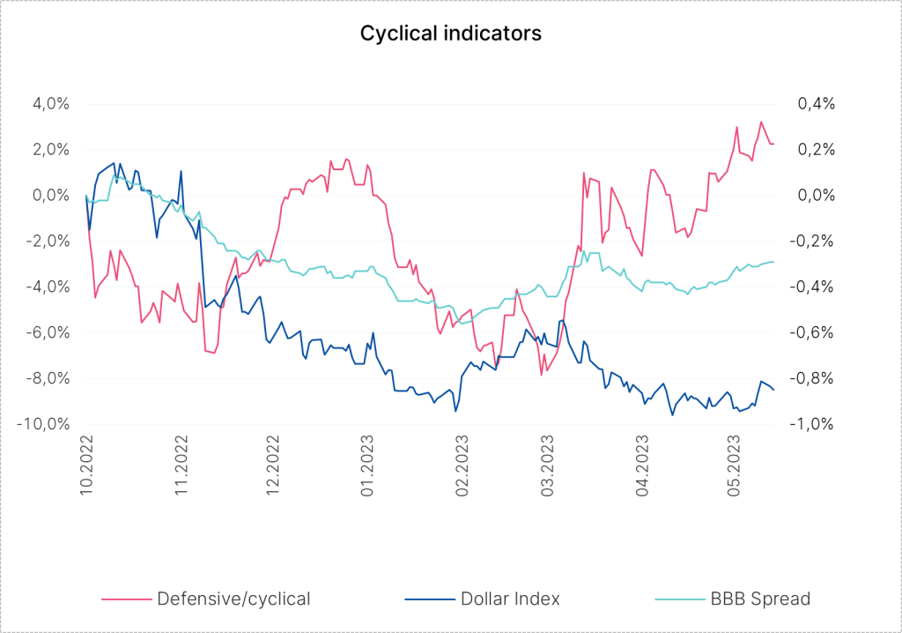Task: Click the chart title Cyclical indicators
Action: (x=450, y=34)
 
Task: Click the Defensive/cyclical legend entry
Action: (x=233, y=599)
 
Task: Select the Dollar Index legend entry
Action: (x=510, y=599)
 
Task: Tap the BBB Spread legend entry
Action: (x=759, y=599)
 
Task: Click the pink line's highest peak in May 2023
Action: (x=761, y=122)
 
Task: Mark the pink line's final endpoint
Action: (x=773, y=144)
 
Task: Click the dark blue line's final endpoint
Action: (x=773, y=389)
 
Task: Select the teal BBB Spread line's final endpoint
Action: (x=773, y=262)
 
